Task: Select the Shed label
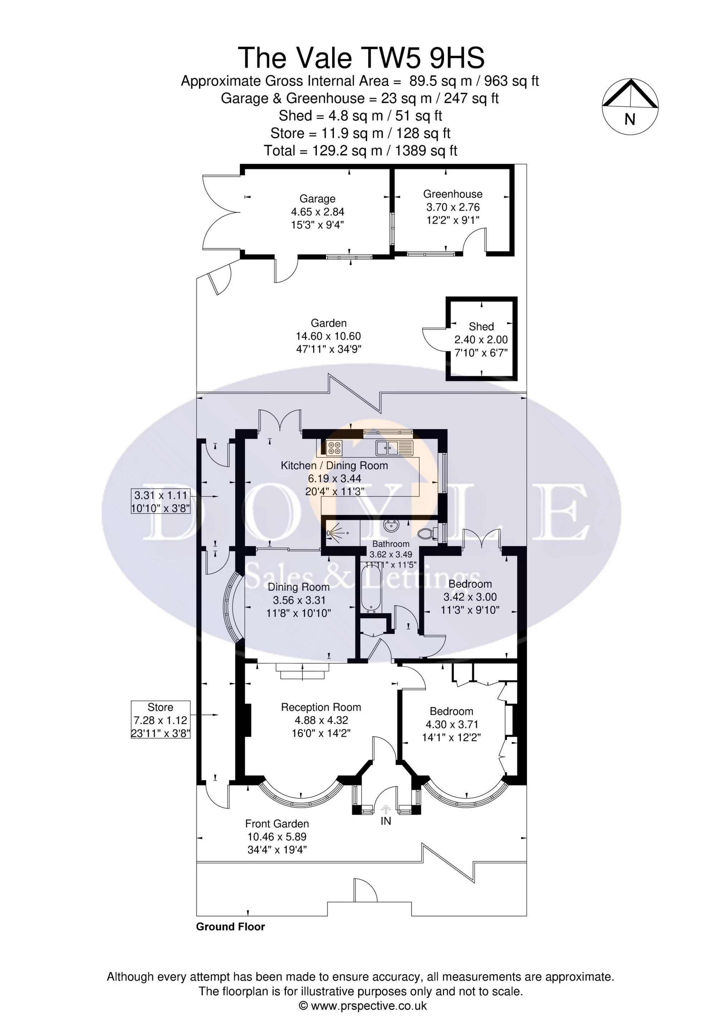[481, 326]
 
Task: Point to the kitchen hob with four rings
[334, 448]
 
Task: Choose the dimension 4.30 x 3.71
[451, 724]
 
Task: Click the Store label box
[160, 720]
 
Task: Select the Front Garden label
[277, 824]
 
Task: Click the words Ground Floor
[230, 927]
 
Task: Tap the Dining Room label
[298, 587]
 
